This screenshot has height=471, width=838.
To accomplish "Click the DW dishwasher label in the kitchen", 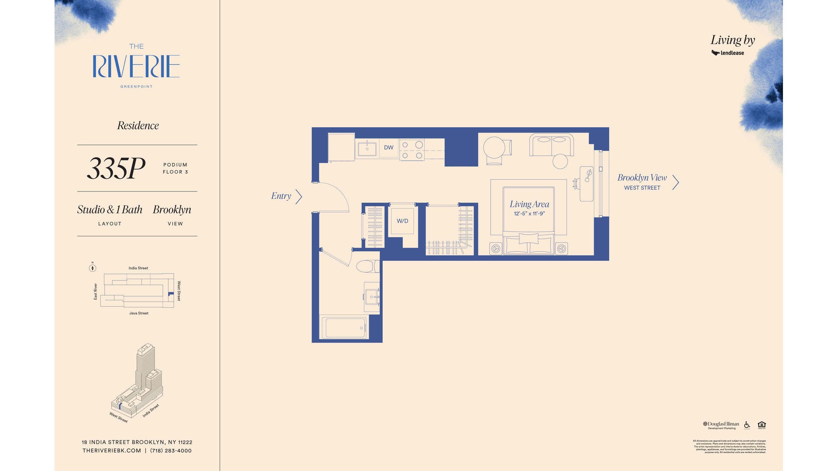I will coord(388,147).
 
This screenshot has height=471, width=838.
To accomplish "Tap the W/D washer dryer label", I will coord(402,221).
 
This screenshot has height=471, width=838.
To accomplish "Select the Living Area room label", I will coord(529,204).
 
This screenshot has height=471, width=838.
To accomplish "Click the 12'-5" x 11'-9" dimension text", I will coord(529,214).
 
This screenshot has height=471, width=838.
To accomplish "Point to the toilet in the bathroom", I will coord(367,266).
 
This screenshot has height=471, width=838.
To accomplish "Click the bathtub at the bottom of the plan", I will coord(345,328).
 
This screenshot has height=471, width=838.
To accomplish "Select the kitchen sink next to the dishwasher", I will coord(367,149).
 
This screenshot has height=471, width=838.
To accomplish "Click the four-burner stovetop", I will coord(412,150).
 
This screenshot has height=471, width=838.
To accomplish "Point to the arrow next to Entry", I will coord(299,197).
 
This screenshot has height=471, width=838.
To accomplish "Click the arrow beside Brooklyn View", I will coord(676,182).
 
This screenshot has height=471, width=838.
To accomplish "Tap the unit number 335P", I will coord(116,168).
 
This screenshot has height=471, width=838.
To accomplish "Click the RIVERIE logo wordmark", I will coord(136,66).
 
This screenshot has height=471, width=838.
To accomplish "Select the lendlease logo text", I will coord(732,53).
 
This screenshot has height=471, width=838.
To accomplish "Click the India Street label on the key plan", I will coord(138,268).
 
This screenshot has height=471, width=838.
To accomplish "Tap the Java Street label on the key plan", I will coord(139,313).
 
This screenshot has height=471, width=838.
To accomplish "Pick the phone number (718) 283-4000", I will coord(171,451).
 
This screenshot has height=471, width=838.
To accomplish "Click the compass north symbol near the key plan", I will coord(93,268).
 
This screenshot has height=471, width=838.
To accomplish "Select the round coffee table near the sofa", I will coord(560,161).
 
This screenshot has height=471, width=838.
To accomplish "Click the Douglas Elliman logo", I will coord(721,424).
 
